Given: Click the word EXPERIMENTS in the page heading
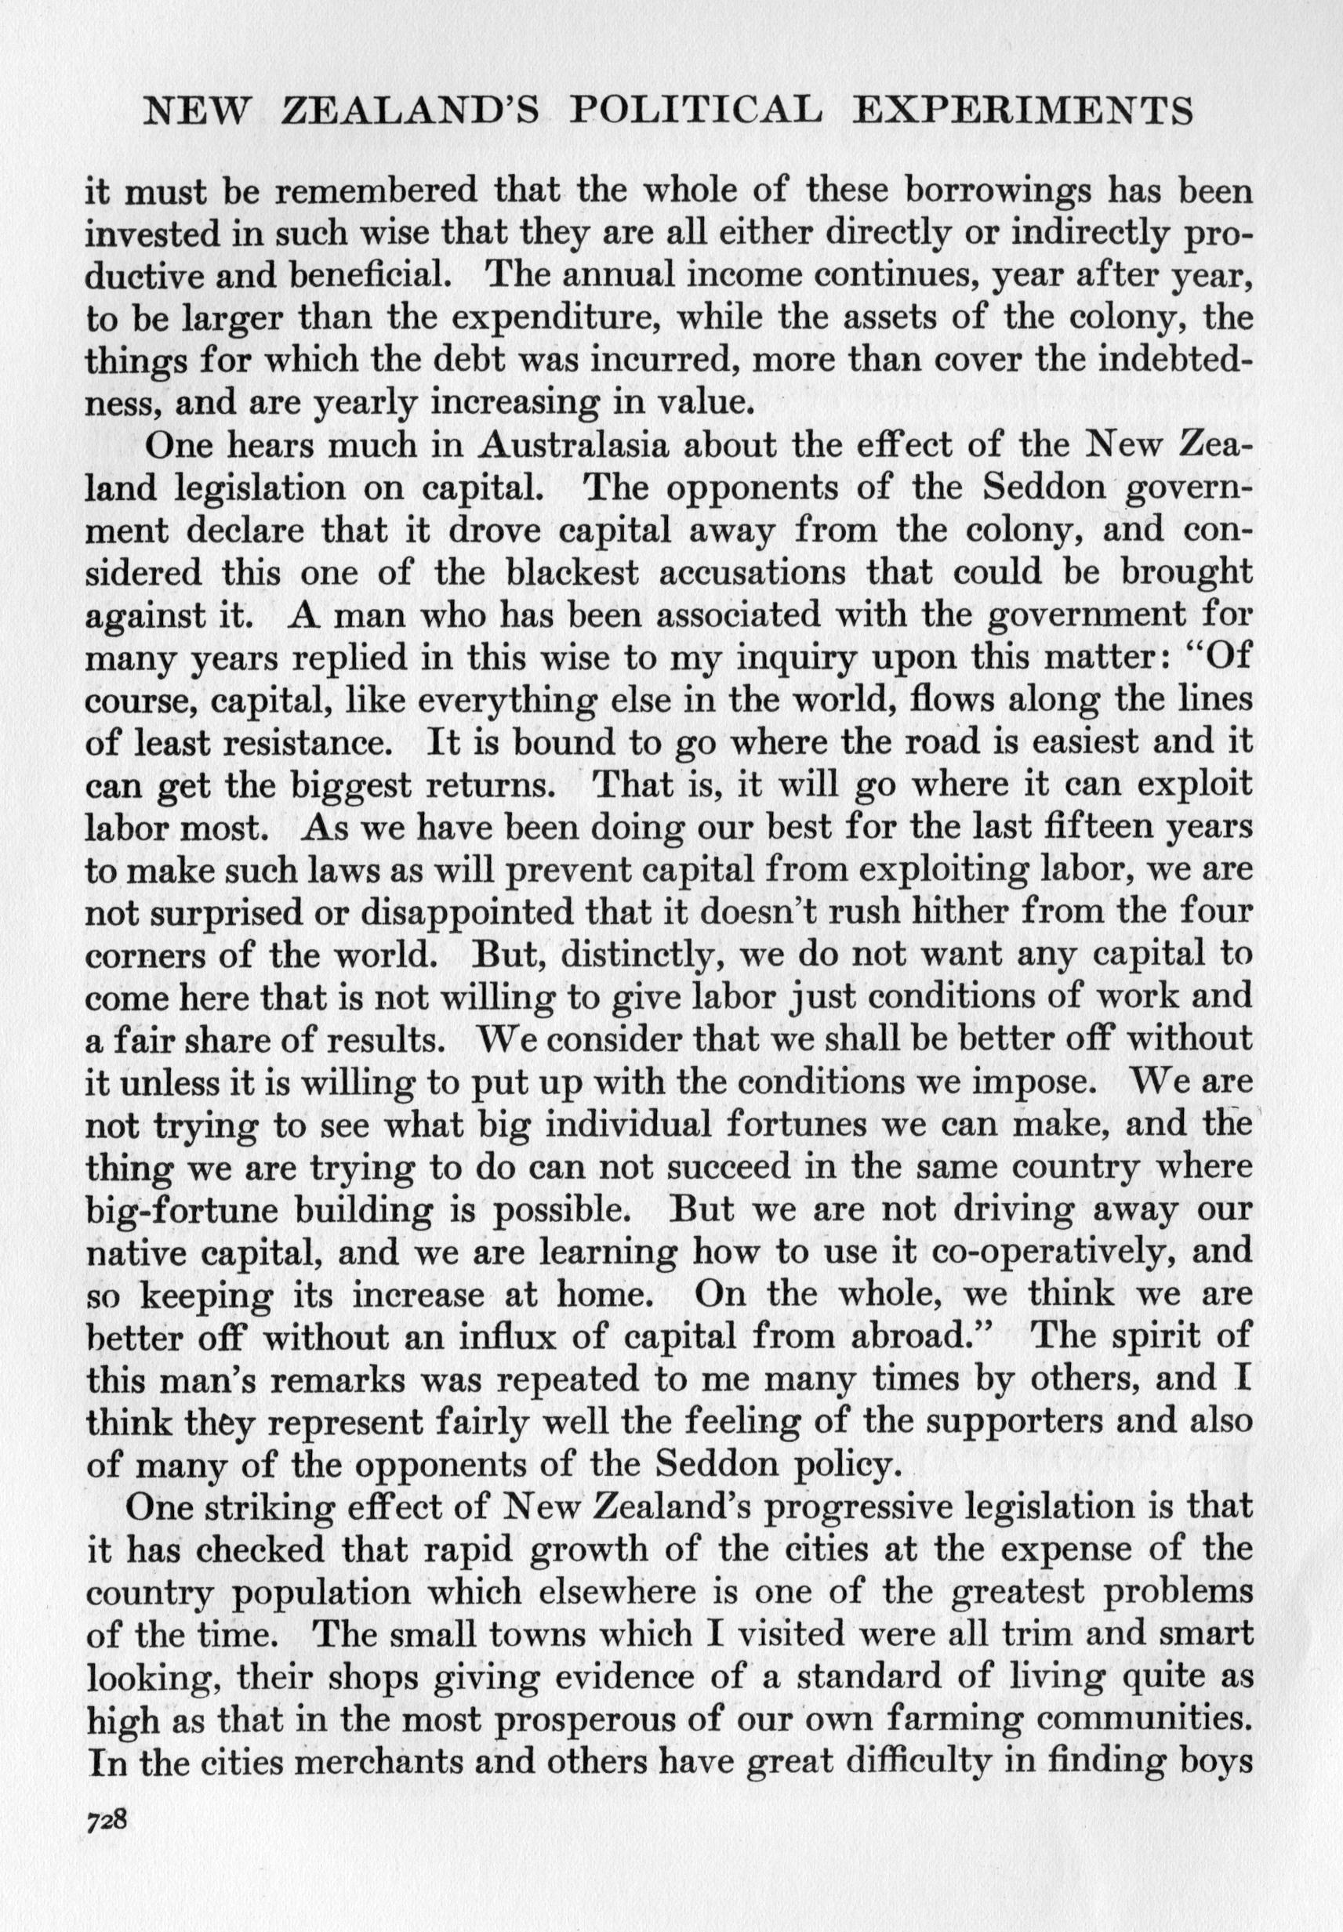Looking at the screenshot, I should [x=1022, y=112].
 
